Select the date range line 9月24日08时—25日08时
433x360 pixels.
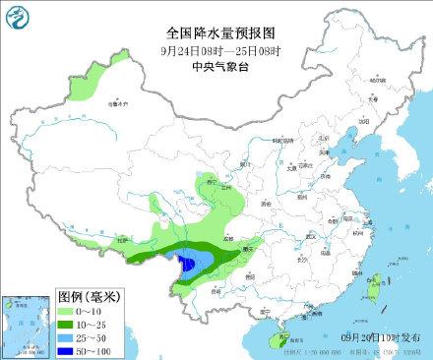click(x=216, y=49)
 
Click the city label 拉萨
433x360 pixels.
click(x=124, y=240)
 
